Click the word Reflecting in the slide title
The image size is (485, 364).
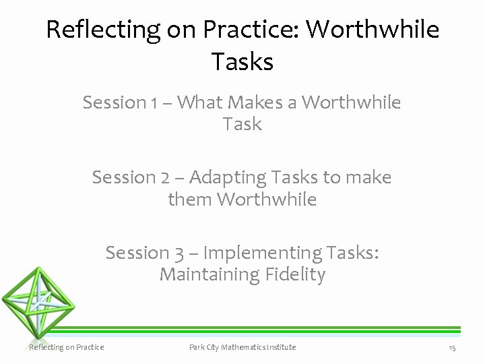[x=102, y=30]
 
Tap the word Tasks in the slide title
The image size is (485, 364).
[x=243, y=62]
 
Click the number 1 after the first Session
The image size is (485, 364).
[x=154, y=103]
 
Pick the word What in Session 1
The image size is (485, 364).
[x=200, y=102]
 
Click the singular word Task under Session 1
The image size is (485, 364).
[x=243, y=124]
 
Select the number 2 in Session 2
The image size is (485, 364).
[x=166, y=178]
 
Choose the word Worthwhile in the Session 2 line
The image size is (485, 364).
[x=267, y=200]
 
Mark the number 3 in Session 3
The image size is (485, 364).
[x=179, y=253]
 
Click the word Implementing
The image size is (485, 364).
[x=263, y=253]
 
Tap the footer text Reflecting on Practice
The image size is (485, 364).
[x=67, y=347]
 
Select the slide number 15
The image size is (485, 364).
[x=452, y=348]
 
